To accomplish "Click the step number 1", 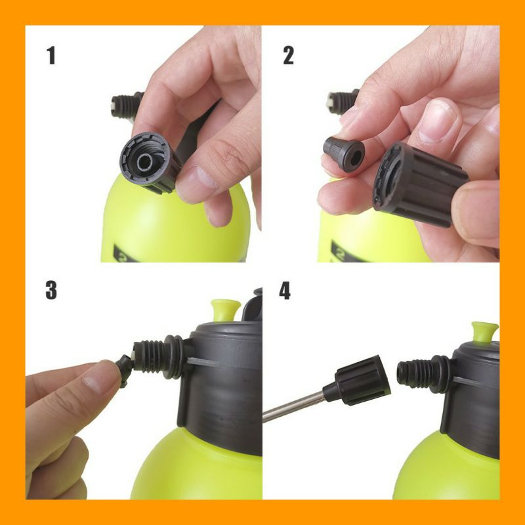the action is (51, 56).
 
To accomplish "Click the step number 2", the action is (288, 56).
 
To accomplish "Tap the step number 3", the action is (51, 290).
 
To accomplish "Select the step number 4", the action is (285, 290).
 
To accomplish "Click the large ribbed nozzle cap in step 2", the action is (419, 184).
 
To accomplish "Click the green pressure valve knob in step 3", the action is (226, 309).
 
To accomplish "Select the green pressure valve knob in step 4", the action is (485, 331).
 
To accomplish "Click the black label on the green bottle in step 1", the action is (125, 255).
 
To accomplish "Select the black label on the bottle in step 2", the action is (345, 252).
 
